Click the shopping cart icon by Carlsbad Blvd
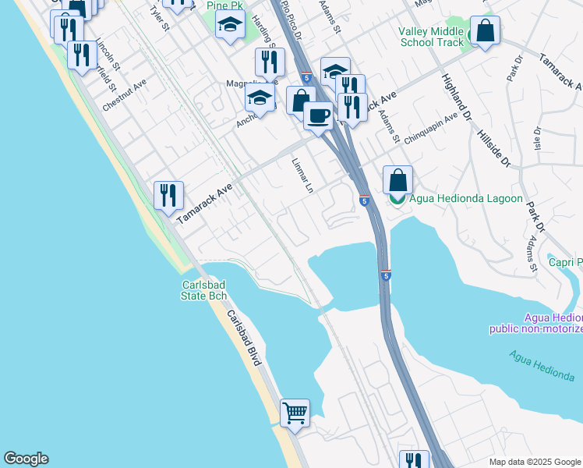(x=295, y=413)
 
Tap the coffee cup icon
(x=317, y=116)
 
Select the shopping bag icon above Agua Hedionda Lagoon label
(x=397, y=179)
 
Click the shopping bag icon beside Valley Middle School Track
(x=485, y=30)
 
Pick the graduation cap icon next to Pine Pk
(x=230, y=25)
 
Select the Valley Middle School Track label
(x=431, y=37)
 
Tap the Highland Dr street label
(x=454, y=98)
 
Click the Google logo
(x=26, y=459)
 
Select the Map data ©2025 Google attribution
(x=534, y=462)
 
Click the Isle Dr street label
(x=537, y=141)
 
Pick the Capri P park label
(x=565, y=263)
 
